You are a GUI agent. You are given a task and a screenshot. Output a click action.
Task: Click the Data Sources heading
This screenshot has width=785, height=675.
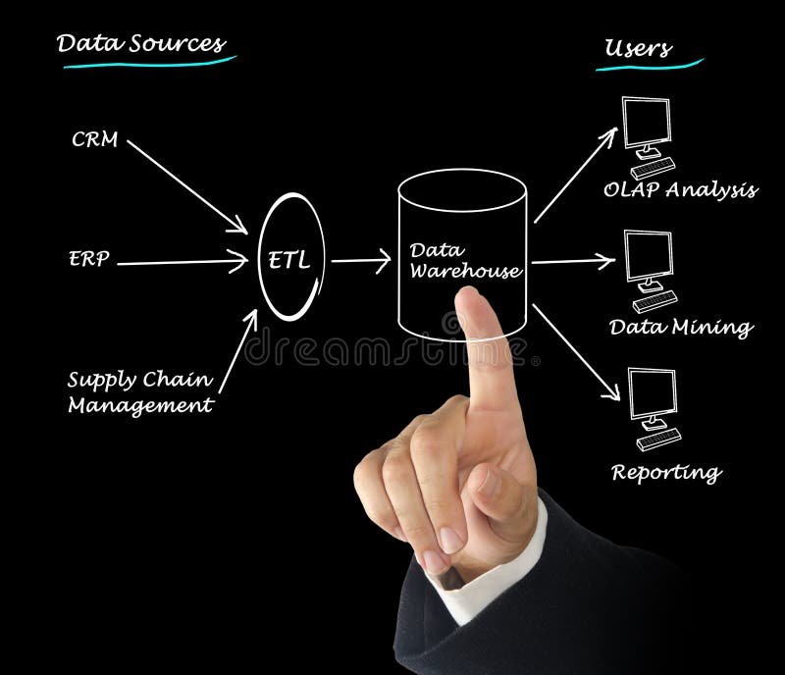(140, 44)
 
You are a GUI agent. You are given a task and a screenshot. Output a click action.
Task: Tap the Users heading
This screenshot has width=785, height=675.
(638, 48)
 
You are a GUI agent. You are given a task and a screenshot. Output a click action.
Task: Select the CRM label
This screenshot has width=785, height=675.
(94, 139)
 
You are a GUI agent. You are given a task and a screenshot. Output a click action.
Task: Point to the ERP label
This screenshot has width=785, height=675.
(89, 260)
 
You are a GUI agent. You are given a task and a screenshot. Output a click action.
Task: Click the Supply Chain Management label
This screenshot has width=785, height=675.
(140, 391)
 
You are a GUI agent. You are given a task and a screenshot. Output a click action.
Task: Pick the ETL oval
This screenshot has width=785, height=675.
(291, 258)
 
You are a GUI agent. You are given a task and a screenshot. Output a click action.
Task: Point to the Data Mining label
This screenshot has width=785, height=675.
(680, 327)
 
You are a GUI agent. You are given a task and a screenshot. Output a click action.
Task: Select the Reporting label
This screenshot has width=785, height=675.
(666, 472)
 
